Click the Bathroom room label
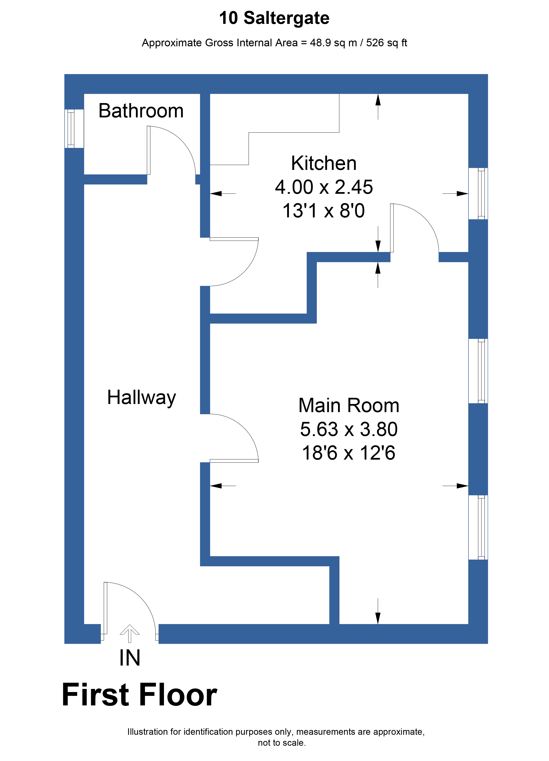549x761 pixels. [x=141, y=111]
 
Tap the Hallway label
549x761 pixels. [x=141, y=398]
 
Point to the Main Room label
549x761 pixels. [x=349, y=405]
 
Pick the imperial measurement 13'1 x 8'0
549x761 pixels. [x=324, y=211]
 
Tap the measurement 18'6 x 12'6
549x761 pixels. [x=349, y=453]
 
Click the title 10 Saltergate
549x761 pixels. [x=274, y=18]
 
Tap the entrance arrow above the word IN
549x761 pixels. [x=130, y=634]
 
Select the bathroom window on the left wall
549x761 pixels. [x=71, y=129]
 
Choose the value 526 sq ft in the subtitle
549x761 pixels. [x=386, y=43]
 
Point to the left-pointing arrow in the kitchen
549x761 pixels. [x=223, y=194]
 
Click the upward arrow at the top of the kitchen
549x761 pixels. [x=378, y=107]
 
